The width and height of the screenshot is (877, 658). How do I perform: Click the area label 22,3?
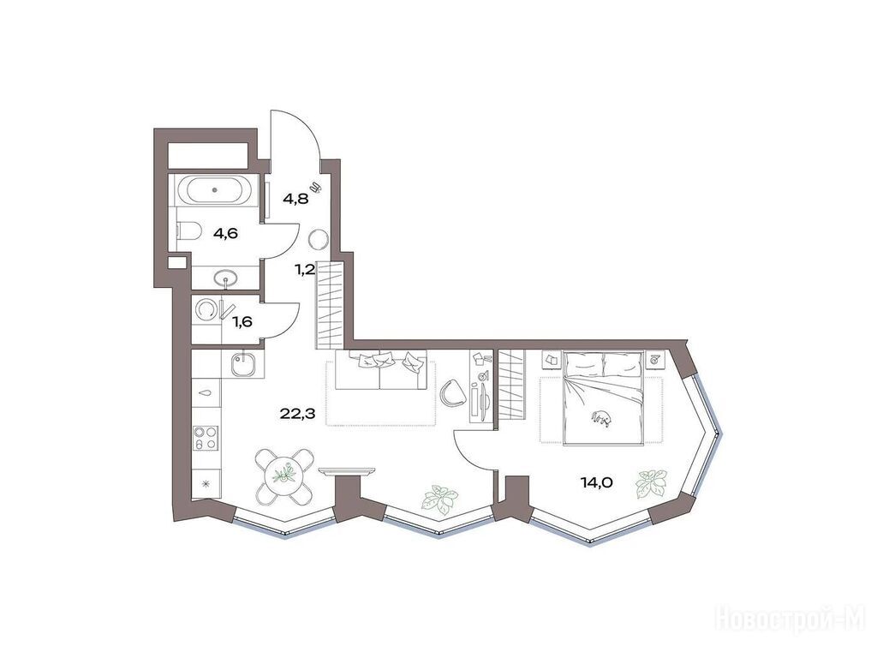[297, 414]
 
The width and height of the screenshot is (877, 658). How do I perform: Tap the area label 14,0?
[597, 482]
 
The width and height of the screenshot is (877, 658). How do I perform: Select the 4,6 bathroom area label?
[225, 233]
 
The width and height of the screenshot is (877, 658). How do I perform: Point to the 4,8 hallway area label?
[295, 199]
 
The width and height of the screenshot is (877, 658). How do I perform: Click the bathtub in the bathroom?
[215, 189]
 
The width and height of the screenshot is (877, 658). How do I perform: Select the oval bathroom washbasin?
[226, 278]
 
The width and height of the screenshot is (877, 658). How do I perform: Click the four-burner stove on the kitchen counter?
[206, 437]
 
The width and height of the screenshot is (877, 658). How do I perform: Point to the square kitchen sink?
[243, 363]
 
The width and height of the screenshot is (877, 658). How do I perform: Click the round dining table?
[283, 475]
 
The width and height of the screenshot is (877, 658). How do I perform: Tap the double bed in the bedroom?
[603, 398]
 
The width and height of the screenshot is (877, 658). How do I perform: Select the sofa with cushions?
[381, 370]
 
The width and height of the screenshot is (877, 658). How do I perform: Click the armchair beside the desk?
[452, 392]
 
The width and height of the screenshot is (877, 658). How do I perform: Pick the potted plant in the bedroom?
[651, 483]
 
